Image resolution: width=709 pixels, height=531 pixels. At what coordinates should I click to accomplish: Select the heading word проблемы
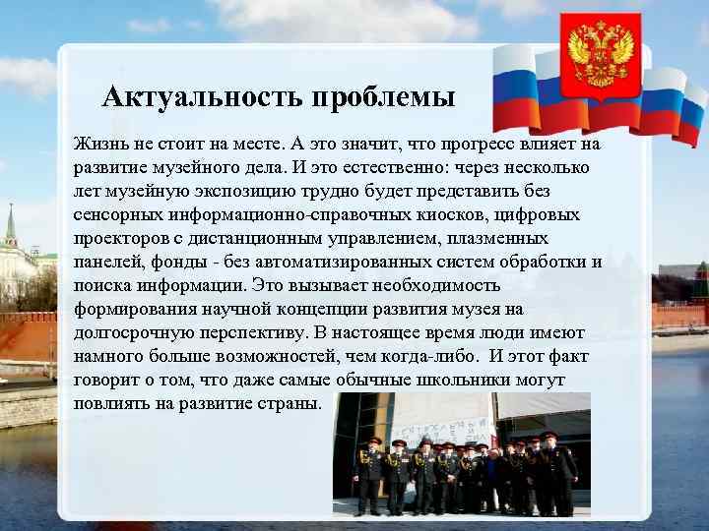pos(385,98)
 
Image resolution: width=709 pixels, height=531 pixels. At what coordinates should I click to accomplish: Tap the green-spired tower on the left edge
pos(11,230)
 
